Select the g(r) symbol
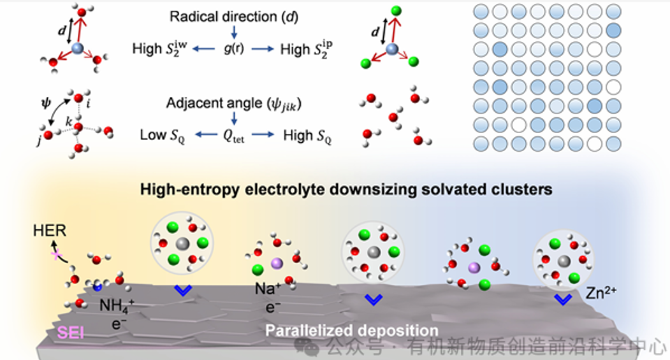[x=236, y=48]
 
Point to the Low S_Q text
[x=163, y=135]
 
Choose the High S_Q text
[x=307, y=135]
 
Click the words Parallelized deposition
[x=352, y=331]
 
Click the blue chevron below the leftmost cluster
[x=183, y=291]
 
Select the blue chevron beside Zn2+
[x=562, y=298]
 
